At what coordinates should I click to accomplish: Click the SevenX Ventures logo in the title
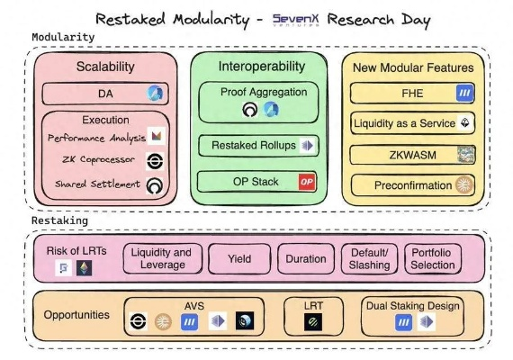click(295, 20)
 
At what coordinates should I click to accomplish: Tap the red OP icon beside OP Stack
click(307, 182)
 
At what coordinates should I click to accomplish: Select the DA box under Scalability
click(105, 94)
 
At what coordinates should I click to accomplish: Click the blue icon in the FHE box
click(464, 94)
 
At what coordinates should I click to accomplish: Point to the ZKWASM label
click(412, 155)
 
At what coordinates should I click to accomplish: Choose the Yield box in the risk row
click(239, 259)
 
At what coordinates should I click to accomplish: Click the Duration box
click(306, 259)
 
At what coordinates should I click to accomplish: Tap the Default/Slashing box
click(369, 259)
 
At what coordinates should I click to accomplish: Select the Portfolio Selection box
click(433, 259)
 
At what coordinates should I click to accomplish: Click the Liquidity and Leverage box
click(163, 258)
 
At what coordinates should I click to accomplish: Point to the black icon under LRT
click(313, 322)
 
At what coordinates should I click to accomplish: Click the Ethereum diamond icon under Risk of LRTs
click(84, 267)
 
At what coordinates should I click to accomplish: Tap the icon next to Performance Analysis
click(157, 136)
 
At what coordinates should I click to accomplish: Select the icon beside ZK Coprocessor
click(155, 161)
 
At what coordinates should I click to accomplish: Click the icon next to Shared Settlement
click(155, 186)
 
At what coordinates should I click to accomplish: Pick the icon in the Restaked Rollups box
click(308, 146)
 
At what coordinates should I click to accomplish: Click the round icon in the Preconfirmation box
click(464, 184)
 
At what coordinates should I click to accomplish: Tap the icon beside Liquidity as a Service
click(465, 122)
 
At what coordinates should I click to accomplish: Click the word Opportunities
click(76, 315)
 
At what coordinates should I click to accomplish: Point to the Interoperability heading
click(262, 67)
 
